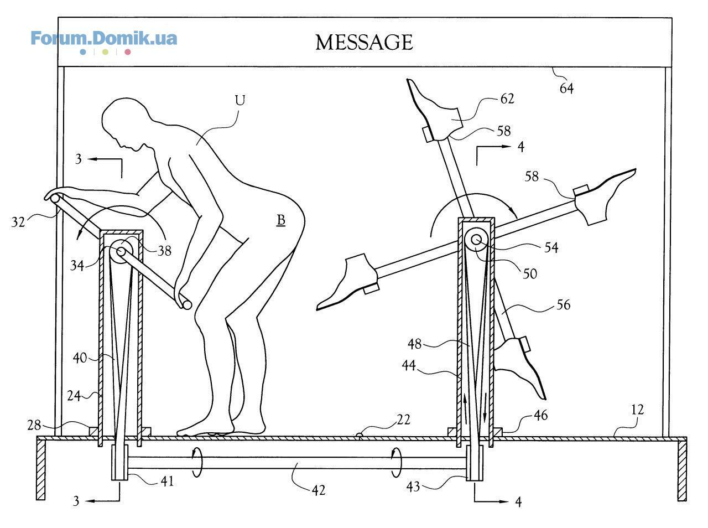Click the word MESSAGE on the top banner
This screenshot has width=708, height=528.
click(x=364, y=42)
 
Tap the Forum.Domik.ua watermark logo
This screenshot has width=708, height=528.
click(x=104, y=42)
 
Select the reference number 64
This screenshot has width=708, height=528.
click(x=566, y=89)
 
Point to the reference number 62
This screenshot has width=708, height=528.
click(x=507, y=99)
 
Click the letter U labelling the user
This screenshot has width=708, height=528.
click(x=240, y=100)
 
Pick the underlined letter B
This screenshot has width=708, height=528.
click(x=281, y=220)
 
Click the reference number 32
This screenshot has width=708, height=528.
click(x=18, y=222)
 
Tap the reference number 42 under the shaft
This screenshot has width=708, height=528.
click(x=319, y=490)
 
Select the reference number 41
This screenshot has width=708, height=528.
click(x=166, y=482)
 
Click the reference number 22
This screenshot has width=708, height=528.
click(x=403, y=420)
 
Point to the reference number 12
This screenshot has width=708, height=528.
click(x=637, y=410)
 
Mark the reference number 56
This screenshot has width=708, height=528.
click(x=563, y=304)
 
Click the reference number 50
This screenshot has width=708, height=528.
click(x=530, y=274)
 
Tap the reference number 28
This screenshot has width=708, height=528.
click(x=34, y=426)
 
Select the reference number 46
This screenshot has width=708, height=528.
click(x=540, y=415)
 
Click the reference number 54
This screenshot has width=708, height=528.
click(x=551, y=248)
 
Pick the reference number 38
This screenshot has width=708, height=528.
click(x=164, y=251)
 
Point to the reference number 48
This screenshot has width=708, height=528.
click(x=414, y=344)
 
